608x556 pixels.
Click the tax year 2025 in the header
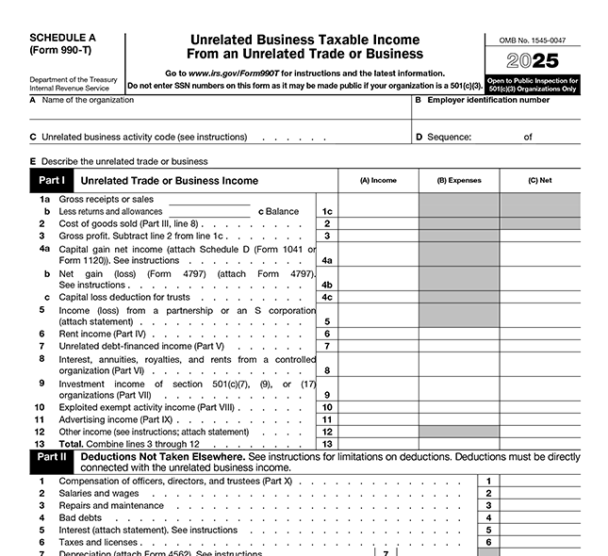click(x=533, y=62)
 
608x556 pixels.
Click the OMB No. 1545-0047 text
click(x=533, y=41)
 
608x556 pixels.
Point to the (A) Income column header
click(x=378, y=180)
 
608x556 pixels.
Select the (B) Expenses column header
click(x=459, y=180)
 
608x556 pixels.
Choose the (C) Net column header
click(x=540, y=180)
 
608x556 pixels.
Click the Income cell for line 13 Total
click(x=378, y=444)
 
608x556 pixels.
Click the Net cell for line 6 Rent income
click(x=540, y=334)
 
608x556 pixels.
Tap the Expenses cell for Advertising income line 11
click(x=459, y=419)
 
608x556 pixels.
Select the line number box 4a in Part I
click(x=327, y=260)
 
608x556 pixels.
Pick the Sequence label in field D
click(x=449, y=137)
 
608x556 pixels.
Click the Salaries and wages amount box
click(x=542, y=493)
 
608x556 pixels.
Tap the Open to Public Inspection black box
click(x=533, y=85)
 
